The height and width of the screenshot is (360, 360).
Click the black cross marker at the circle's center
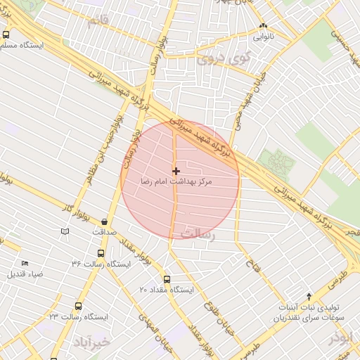click(176, 170)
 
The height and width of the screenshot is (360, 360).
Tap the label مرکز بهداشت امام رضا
click(176, 182)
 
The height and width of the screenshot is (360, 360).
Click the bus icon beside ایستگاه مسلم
click(6, 34)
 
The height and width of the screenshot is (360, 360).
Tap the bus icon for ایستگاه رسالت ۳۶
click(101, 253)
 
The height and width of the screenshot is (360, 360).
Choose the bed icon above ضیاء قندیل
click(25, 263)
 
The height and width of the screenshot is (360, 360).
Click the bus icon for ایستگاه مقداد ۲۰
click(167, 278)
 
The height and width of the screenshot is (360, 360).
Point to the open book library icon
click(65, 231)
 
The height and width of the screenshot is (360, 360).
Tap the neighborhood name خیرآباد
click(91, 342)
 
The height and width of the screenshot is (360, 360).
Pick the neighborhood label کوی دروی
click(218, 59)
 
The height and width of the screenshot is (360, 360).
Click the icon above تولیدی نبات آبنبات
click(309, 297)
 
